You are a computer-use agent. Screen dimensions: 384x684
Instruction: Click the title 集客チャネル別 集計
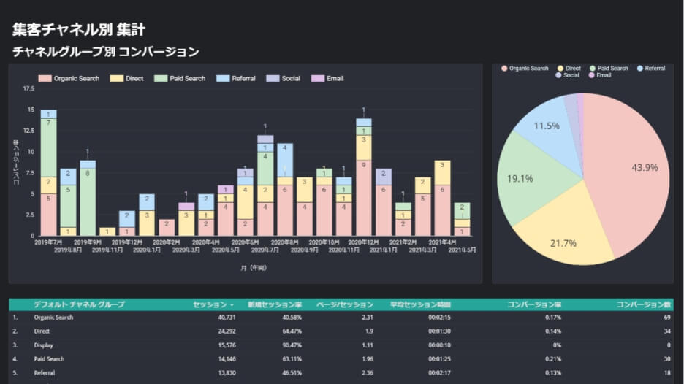pyautogui.click(x=78, y=30)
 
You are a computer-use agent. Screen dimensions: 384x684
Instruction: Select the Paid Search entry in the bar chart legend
pyautogui.click(x=180, y=78)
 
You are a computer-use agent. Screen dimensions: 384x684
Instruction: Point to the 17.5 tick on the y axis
pyautogui.click(x=28, y=88)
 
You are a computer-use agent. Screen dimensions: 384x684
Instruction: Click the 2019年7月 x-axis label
pyautogui.click(x=48, y=242)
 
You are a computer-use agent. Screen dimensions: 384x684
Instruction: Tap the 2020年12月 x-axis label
pyautogui.click(x=363, y=242)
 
